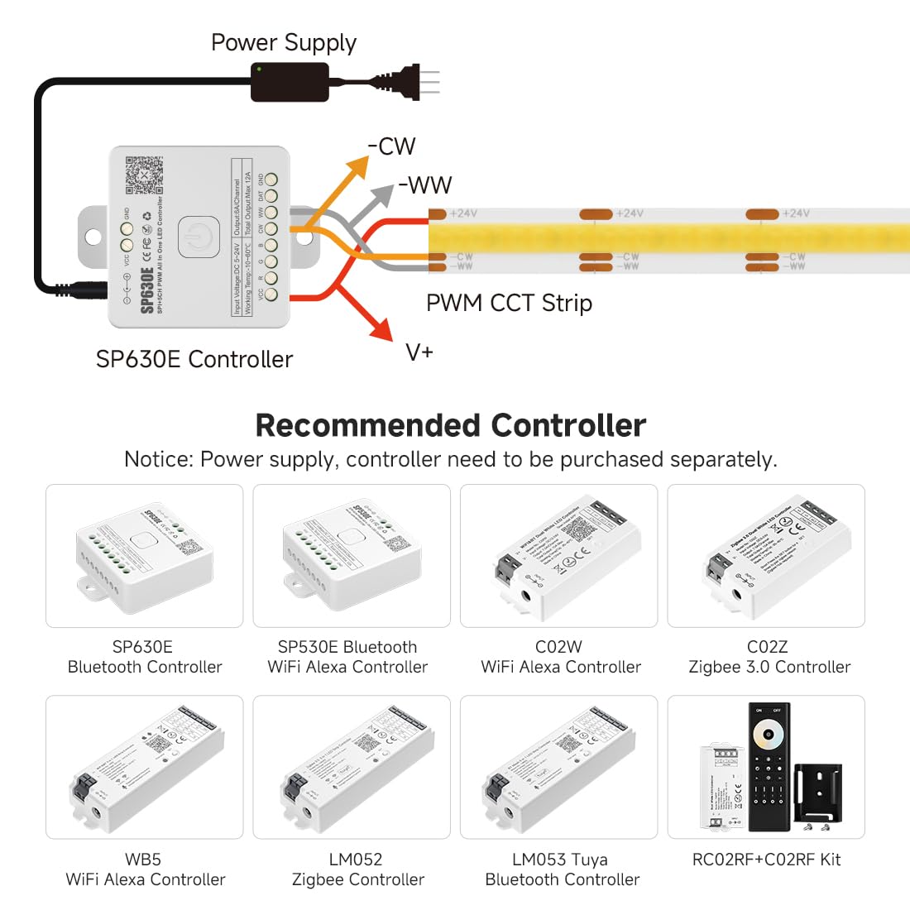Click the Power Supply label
pos(283,43)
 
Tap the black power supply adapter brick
pos(290,83)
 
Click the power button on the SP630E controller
pos(199,237)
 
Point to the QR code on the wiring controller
pos(144,175)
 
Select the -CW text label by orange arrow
pos(391,146)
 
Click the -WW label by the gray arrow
pos(425,184)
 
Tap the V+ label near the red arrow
pos(419,352)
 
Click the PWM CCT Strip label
pos(509,303)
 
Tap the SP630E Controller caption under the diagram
pos(194,359)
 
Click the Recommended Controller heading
pos(451,425)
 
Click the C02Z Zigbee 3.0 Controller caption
pos(769,657)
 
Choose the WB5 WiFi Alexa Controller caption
pos(145,869)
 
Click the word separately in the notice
pos(723,459)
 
